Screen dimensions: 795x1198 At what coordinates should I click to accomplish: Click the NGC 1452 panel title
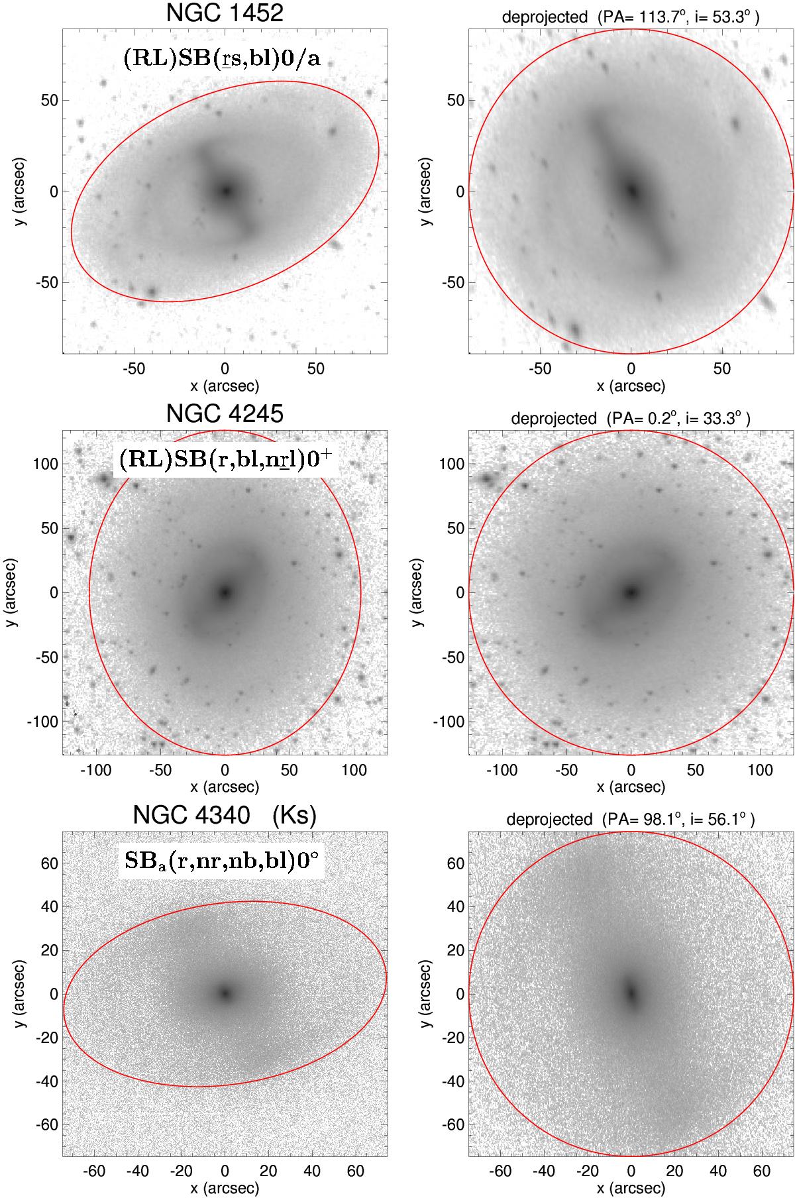tap(225, 13)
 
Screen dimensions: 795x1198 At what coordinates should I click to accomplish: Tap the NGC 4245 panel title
tap(225, 413)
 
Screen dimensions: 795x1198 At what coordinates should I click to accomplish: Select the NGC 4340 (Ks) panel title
tap(225, 815)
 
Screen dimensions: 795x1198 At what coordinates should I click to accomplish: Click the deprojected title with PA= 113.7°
tap(631, 18)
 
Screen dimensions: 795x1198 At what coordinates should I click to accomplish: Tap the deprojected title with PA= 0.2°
tap(631, 419)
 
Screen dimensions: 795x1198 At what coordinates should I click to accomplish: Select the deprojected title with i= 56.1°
tap(631, 820)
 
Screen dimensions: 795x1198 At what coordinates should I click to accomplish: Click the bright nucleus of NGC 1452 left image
tap(225, 191)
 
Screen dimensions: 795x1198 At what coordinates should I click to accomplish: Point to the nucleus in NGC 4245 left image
tap(225, 592)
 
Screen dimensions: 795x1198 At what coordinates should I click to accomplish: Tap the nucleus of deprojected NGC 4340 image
tap(631, 993)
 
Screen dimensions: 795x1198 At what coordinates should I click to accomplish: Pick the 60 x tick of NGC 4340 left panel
tap(356, 1171)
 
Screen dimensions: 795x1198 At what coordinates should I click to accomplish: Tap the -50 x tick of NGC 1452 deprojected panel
tap(541, 369)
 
